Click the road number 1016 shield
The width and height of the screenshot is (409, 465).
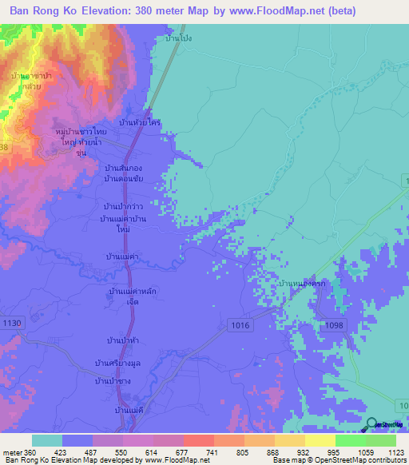tap(239, 325)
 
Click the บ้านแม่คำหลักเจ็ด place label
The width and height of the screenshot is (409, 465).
tap(125, 296)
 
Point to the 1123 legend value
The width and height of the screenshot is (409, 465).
tap(387, 451)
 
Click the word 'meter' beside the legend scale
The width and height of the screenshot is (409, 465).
tap(10, 451)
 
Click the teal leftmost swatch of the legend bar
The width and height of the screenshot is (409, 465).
tap(46, 440)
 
